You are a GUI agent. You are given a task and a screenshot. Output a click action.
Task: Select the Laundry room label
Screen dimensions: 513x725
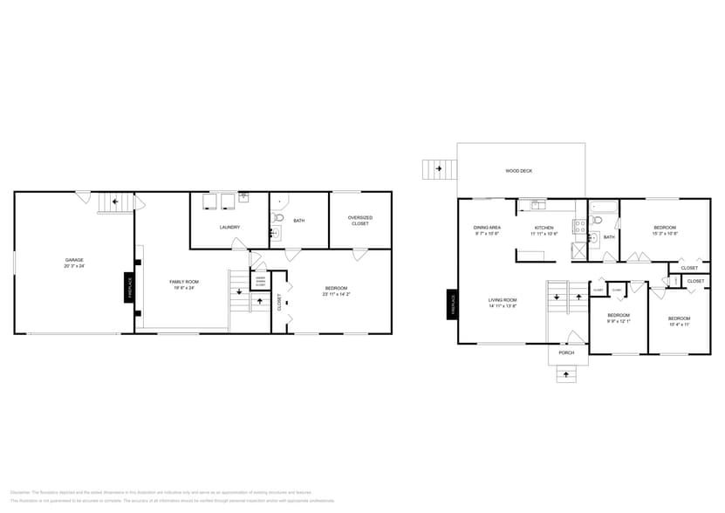[x=229, y=227]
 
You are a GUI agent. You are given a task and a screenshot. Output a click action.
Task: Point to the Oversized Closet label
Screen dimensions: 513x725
[x=359, y=221]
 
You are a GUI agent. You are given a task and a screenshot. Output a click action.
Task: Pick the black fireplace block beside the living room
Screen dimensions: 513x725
[x=453, y=304]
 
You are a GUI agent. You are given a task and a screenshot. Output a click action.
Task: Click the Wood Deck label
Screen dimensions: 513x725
[x=519, y=171]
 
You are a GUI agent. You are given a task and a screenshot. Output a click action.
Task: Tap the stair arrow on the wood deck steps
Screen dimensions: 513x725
[x=439, y=167]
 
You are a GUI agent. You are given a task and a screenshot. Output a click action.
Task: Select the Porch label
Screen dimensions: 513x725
[x=566, y=352]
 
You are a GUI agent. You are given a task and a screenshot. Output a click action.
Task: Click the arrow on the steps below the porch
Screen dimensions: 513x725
[x=566, y=375]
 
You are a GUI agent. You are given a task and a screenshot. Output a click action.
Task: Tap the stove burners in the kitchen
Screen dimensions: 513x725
[x=578, y=227]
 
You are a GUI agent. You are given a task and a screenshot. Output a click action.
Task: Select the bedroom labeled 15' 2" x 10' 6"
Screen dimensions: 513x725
[x=666, y=230]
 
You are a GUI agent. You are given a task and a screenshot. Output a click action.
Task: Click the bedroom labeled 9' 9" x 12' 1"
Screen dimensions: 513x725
[x=619, y=318]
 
